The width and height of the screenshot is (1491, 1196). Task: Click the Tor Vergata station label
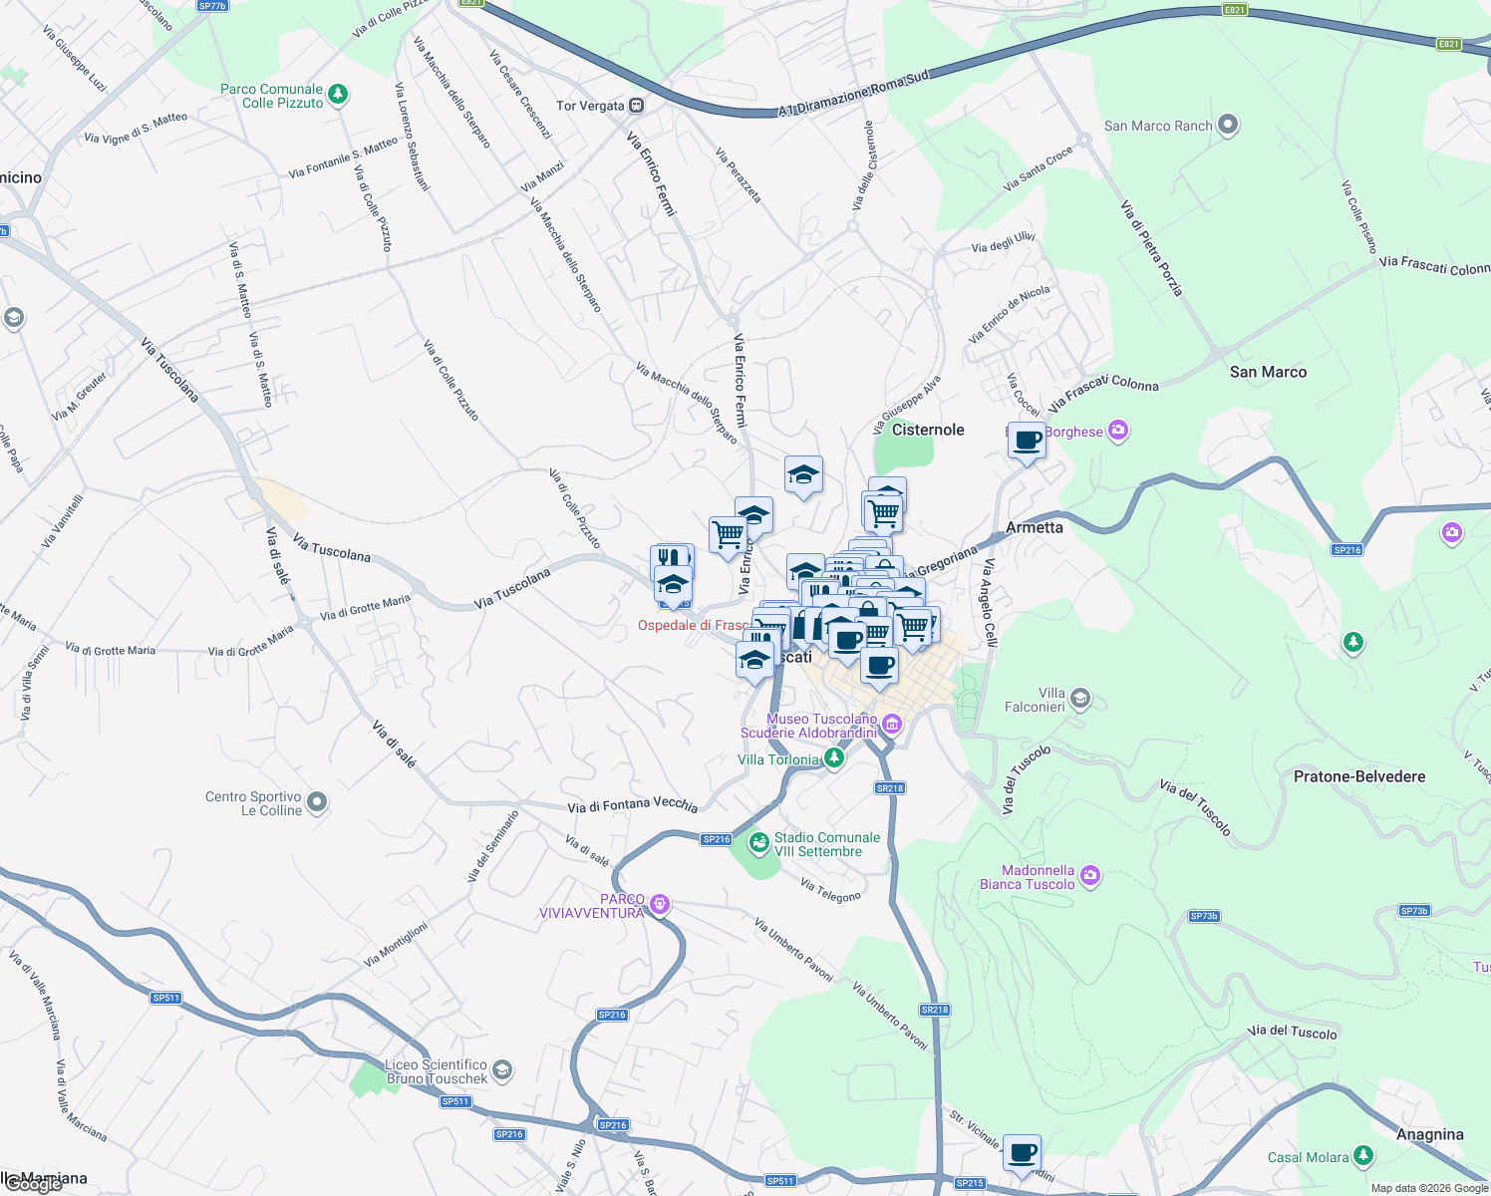point(590,106)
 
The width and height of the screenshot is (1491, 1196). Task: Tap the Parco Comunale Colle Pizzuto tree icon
point(339,95)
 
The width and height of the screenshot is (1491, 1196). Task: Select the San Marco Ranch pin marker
point(1228,125)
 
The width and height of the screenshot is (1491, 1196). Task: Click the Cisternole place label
point(928,430)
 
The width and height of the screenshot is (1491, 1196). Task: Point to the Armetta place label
point(1035,527)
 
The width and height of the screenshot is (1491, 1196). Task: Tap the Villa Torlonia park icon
point(834,758)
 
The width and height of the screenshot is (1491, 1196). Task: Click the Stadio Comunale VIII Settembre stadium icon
point(759,844)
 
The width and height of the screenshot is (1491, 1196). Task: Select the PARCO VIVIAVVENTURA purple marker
point(659,905)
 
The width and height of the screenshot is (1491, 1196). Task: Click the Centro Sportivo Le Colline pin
point(317,802)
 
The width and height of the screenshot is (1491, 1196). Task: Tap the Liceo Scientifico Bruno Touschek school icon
point(502,1070)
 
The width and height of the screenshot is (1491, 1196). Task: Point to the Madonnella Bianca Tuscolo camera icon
point(1090,876)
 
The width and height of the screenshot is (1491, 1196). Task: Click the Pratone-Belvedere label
point(1359,776)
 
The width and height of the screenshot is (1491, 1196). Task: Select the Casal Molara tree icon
point(1363,1156)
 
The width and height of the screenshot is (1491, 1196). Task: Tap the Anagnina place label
point(1429,1134)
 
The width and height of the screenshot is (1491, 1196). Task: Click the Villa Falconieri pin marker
point(1080,699)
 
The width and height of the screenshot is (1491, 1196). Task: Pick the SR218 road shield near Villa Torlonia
point(890,788)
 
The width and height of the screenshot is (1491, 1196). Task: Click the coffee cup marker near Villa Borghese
point(1027,440)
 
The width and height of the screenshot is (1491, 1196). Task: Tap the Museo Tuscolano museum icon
point(892,725)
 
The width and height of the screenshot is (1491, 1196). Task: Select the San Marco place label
point(1268,372)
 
